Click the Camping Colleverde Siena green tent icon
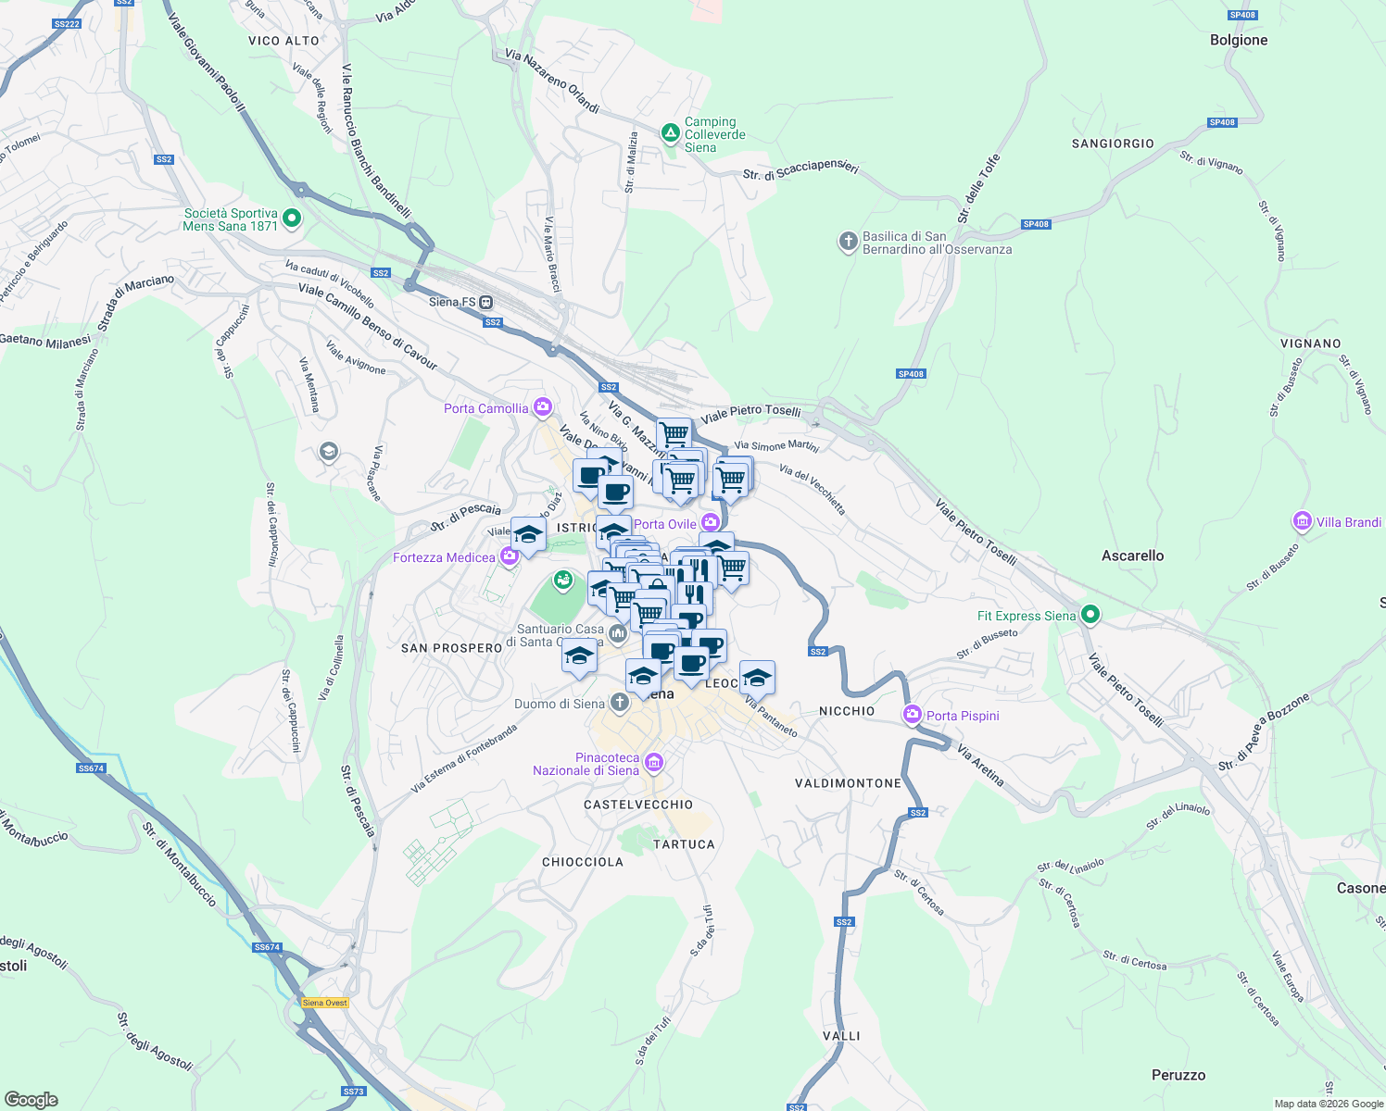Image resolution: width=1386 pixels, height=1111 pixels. pyautogui.click(x=670, y=134)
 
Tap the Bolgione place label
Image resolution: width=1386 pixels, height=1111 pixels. pyautogui.click(x=1239, y=40)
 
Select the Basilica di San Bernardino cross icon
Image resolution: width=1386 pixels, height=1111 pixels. pyautogui.click(x=848, y=243)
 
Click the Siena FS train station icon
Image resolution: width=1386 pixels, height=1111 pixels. pyautogui.click(x=486, y=302)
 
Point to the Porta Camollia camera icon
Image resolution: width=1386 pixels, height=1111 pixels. pyautogui.click(x=543, y=407)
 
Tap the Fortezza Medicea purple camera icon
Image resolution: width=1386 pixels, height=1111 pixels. pyautogui.click(x=509, y=557)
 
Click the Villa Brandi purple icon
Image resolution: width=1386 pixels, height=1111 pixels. pyautogui.click(x=1303, y=522)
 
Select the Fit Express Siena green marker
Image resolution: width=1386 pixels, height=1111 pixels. pyautogui.click(x=1090, y=615)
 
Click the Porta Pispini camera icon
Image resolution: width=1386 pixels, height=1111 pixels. pyautogui.click(x=913, y=715)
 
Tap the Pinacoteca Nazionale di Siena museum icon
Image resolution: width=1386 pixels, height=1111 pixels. pyautogui.click(x=654, y=763)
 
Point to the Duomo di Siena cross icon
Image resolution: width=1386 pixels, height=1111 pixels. pyautogui.click(x=619, y=704)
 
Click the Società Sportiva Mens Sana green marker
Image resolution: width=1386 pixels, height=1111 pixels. pyautogui.click(x=292, y=219)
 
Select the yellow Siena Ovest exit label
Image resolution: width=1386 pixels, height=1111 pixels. pyautogui.click(x=325, y=1003)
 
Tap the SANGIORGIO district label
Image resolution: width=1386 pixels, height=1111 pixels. pyautogui.click(x=1113, y=144)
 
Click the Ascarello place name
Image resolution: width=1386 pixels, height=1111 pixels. pyautogui.click(x=1132, y=555)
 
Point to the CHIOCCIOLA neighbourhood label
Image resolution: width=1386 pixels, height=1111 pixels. pyautogui.click(x=582, y=862)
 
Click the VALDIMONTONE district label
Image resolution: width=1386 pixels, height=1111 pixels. pyautogui.click(x=848, y=783)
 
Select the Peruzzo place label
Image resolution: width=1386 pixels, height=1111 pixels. pyautogui.click(x=1178, y=1075)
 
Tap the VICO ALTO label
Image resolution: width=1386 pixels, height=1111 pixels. pyautogui.click(x=283, y=41)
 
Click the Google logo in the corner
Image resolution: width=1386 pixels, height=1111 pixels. pyautogui.click(x=31, y=1099)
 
